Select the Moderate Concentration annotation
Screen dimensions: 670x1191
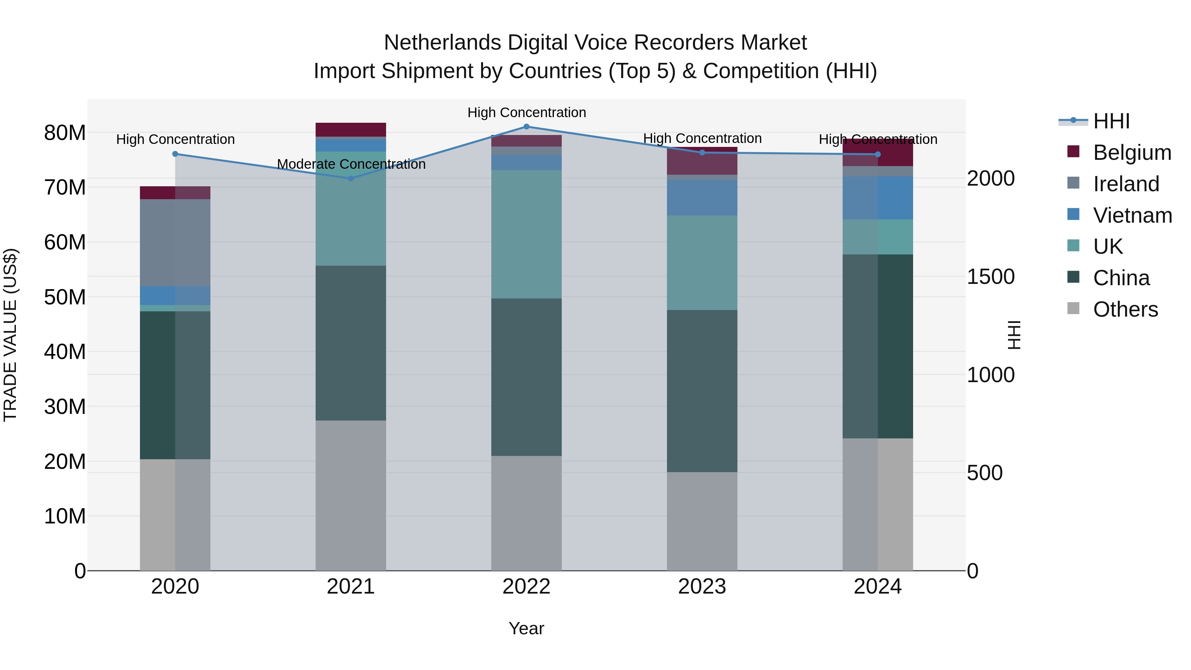[x=351, y=164]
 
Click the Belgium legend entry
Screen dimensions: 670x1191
[x=1132, y=153]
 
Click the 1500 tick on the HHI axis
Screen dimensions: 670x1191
[x=990, y=277]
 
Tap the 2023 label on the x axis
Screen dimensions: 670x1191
[x=702, y=587]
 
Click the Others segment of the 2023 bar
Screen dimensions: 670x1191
[x=702, y=521]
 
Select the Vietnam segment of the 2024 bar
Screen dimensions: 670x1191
[x=877, y=198]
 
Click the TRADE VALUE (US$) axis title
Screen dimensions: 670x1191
[x=10, y=335]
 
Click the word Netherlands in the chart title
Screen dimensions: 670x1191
[x=442, y=43]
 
